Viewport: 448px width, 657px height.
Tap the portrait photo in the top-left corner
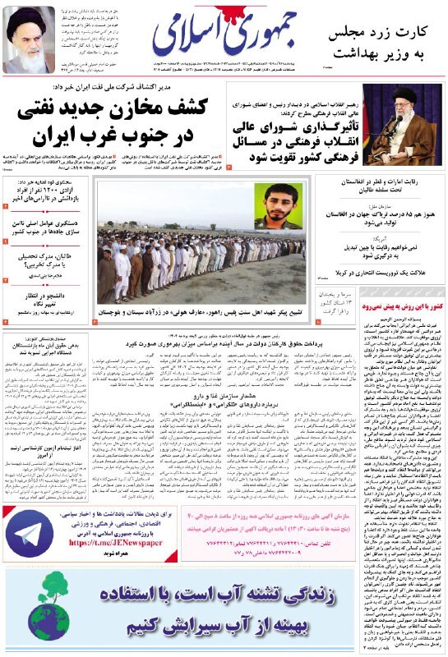click(x=30, y=39)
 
